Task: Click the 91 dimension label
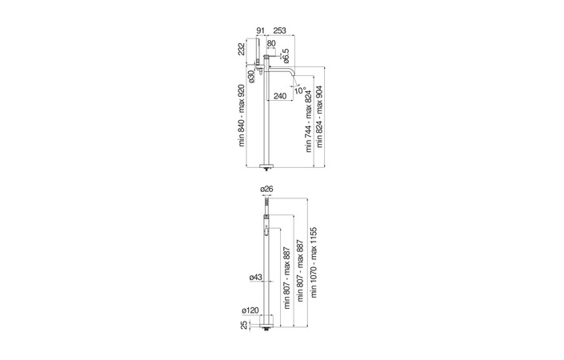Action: pos(261,30)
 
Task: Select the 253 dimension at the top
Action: pos(279,30)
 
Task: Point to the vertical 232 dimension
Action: pos(242,49)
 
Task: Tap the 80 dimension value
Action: pos(271,43)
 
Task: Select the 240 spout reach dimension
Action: pos(280,96)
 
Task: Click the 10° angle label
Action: pos(300,90)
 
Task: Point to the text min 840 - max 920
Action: pos(242,115)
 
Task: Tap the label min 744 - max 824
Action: pos(309,122)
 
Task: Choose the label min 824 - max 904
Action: pos(319,117)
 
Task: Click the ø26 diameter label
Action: pos(266,189)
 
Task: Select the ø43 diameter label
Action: pos(256,278)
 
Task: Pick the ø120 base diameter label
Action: pos(250,310)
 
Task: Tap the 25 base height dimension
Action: pos(244,325)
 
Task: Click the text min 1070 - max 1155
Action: pos(314,262)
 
